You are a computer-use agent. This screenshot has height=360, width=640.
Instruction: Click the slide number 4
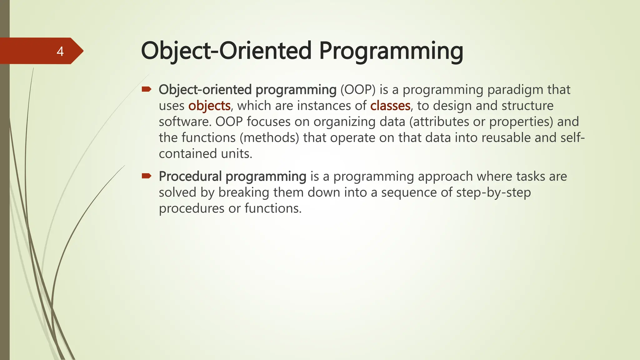(60, 51)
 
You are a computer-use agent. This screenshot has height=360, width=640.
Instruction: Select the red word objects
(209, 106)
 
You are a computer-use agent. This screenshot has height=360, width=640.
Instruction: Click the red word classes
(390, 106)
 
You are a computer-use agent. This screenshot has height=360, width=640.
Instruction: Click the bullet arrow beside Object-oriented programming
(146, 90)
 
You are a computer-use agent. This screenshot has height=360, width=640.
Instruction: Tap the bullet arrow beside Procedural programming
(146, 176)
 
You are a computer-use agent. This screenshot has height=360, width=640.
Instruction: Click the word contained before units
(187, 154)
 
